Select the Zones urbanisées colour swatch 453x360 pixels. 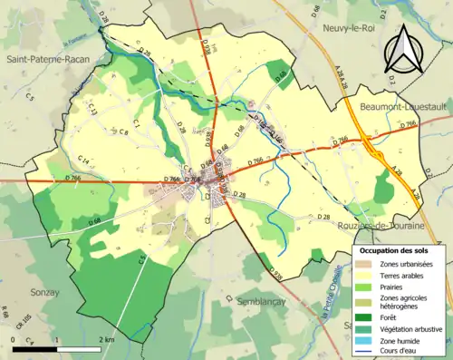point(364,263)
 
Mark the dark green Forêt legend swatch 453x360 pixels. point(364,316)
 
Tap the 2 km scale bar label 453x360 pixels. point(110,339)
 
